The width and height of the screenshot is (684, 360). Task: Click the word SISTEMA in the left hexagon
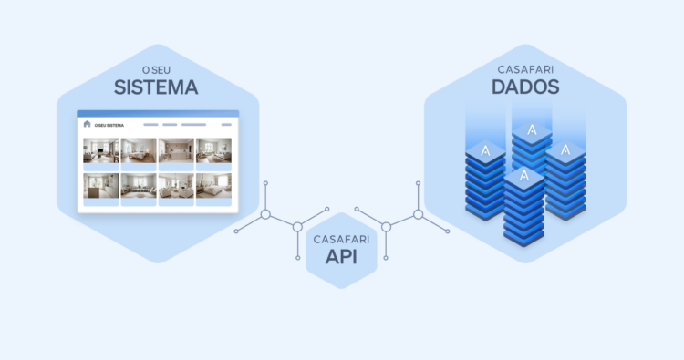coord(156,87)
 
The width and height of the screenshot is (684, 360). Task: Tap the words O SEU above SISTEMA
coord(156,69)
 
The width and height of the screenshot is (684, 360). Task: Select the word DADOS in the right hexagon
coord(525,87)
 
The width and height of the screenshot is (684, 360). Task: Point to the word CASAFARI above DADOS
coord(525,69)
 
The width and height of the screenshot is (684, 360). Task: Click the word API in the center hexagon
coord(341,258)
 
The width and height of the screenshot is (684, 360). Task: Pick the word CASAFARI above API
coord(341,239)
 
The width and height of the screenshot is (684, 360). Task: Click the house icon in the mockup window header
coord(88,124)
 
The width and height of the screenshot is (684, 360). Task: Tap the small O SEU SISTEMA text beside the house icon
coord(109,125)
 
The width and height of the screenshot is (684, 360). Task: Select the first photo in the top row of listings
coord(100,150)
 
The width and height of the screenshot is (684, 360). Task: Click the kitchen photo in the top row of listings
coord(175,150)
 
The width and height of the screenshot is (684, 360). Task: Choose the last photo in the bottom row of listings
coord(212,186)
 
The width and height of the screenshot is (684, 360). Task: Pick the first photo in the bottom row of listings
coord(100,186)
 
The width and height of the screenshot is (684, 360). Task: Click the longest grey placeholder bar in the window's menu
coord(193,125)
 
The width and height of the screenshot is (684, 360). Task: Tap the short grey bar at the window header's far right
coord(222,125)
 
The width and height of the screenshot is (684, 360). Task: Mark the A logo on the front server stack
coord(523,175)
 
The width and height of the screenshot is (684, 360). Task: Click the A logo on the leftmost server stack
coord(486,149)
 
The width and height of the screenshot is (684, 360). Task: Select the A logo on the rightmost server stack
coord(565,149)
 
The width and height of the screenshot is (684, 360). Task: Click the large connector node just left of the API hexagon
coord(297,226)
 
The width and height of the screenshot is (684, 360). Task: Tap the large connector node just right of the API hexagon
coord(386,226)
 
